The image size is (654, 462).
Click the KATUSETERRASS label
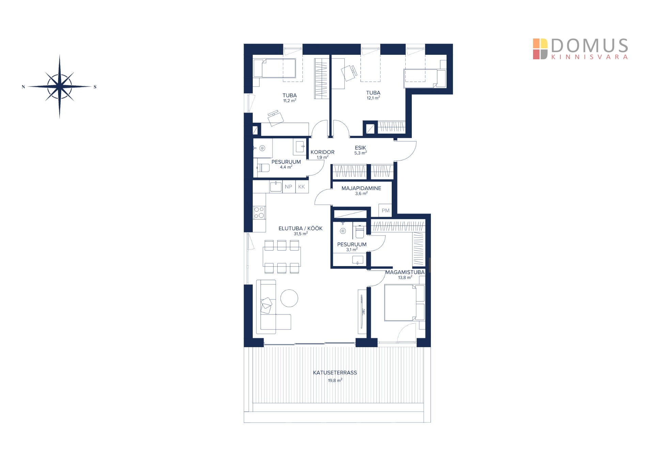coord(335,373)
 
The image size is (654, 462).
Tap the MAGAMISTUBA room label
coord(405,272)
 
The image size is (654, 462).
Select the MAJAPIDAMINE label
coord(361,188)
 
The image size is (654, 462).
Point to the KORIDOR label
coord(322,152)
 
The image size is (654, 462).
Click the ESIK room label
coord(360,148)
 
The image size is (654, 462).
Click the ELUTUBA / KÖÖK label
coord(300,228)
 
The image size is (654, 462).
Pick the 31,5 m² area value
coord(301,234)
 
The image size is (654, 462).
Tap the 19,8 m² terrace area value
coord(335,380)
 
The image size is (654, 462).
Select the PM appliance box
coord(385,211)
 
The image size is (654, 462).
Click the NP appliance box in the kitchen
coord(289,187)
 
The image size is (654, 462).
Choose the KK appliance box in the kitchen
coord(301,187)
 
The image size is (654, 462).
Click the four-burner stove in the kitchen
coord(259,213)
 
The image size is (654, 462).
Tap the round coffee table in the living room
coord(289,298)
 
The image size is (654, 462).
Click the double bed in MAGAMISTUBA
coord(400,303)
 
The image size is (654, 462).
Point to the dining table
coord(282,257)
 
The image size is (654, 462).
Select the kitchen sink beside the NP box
coord(276,187)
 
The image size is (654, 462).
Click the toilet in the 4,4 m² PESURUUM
coord(263,168)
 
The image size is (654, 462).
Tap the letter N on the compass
coord(23,87)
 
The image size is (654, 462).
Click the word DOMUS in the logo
coord(589,46)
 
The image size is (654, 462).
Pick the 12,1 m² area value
coord(373,98)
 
